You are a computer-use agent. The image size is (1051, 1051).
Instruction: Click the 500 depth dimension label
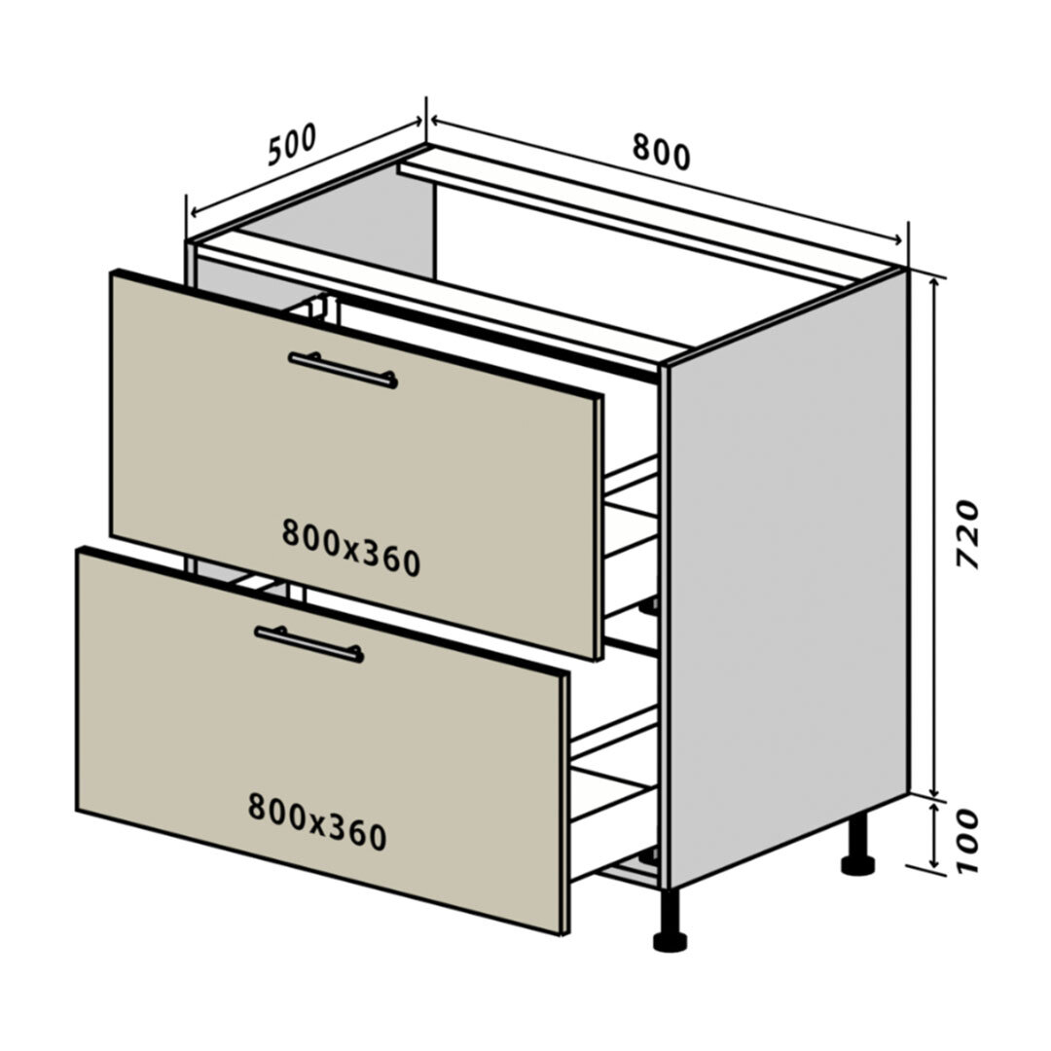292,145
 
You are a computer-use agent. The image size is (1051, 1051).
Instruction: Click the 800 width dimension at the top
661,152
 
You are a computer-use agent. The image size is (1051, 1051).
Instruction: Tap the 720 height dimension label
967,533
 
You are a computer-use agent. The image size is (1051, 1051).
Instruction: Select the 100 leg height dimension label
967,841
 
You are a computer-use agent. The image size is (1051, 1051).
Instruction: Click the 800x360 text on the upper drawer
351,548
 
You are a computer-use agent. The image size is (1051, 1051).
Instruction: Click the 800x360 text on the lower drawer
317,821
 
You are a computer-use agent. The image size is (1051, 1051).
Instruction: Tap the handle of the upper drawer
344,370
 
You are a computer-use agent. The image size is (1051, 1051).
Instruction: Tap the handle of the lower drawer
309,643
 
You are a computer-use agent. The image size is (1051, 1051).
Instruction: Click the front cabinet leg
670,921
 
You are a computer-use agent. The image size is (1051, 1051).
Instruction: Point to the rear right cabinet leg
858,845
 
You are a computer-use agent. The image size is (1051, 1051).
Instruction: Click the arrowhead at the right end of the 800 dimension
899,240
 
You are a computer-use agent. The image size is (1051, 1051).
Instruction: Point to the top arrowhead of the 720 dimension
936,281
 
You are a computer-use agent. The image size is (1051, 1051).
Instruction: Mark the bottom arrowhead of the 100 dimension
936,865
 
